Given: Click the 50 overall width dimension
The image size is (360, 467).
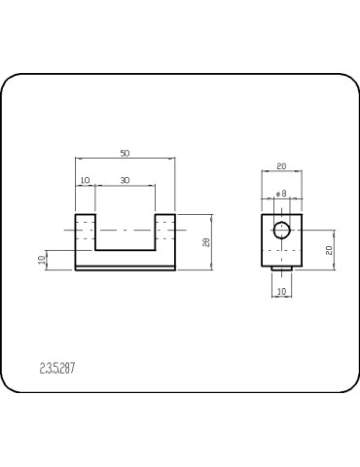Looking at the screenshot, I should pyautogui.click(x=125, y=154).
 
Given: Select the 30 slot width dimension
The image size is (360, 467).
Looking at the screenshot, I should pyautogui.click(x=125, y=181).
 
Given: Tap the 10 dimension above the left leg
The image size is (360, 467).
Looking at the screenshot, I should pyautogui.click(x=85, y=181).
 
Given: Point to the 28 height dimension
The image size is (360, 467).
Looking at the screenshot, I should pyautogui.click(x=205, y=241).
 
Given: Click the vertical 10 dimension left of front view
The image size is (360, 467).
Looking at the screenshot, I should pyautogui.click(x=42, y=260).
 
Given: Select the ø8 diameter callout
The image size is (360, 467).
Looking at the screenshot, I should pyautogui.click(x=281, y=195).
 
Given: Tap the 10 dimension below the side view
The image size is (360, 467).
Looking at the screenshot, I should pyautogui.click(x=281, y=291).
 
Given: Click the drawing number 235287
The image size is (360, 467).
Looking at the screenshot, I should pyautogui.click(x=58, y=369).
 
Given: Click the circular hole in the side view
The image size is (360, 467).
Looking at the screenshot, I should pyautogui.click(x=282, y=231).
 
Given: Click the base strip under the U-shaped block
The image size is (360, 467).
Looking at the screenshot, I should pyautogui.click(x=125, y=268).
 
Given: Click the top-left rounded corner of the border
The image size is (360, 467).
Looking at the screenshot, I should pyautogui.click(x=12, y=84).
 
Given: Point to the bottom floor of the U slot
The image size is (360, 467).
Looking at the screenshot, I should pyautogui.click(x=125, y=250).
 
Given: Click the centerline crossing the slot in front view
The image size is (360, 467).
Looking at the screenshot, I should pyautogui.click(x=125, y=231).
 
